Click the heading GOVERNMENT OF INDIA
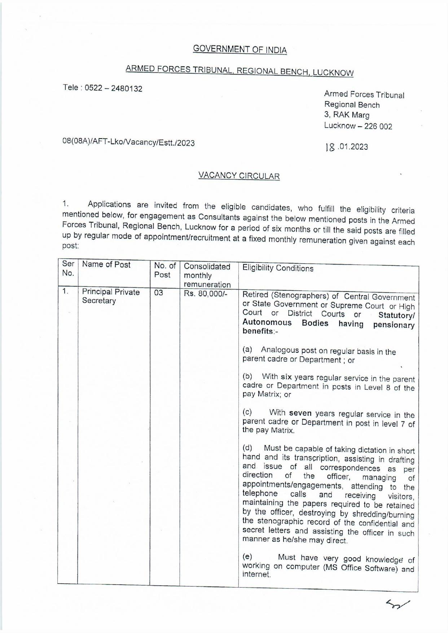pyautogui.click(x=240, y=49)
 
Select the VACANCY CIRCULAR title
pyautogui.click(x=239, y=176)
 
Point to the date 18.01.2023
pyautogui.click(x=347, y=147)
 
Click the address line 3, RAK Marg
pyautogui.click(x=347, y=115)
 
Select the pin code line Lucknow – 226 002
pyautogui.click(x=358, y=126)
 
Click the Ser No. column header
pyautogui.click(x=68, y=268)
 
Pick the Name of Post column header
pyautogui.click(x=106, y=264)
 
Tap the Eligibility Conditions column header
pyautogui.click(x=278, y=268)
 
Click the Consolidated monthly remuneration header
pyautogui.click(x=207, y=276)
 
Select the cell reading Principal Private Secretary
pyautogui.click(x=111, y=296)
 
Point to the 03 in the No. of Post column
pyautogui.click(x=159, y=293)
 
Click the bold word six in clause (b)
pyautogui.click(x=286, y=377)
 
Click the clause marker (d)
pyautogui.click(x=247, y=448)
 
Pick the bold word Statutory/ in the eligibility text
pyautogui.click(x=396, y=316)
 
